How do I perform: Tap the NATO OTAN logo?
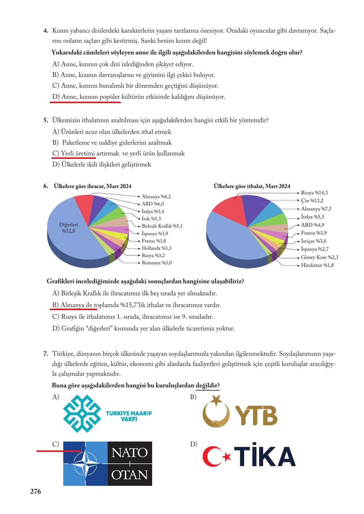click(x=108, y=463)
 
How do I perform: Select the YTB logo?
click(x=240, y=412)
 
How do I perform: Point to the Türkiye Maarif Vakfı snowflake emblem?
click(x=83, y=413)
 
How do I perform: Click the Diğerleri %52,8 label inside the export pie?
click(x=68, y=228)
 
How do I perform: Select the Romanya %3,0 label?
click(x=157, y=263)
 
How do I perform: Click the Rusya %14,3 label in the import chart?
click(x=314, y=193)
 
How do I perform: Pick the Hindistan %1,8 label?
click(x=317, y=265)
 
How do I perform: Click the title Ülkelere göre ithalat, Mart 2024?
click(x=252, y=186)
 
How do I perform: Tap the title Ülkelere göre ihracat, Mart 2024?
click(x=93, y=186)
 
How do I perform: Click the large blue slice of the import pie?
click(x=231, y=237)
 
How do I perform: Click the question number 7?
click(x=46, y=354)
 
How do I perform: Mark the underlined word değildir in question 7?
click(x=207, y=385)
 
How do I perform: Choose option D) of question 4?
click(x=139, y=97)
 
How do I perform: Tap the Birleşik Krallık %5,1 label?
click(x=162, y=226)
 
